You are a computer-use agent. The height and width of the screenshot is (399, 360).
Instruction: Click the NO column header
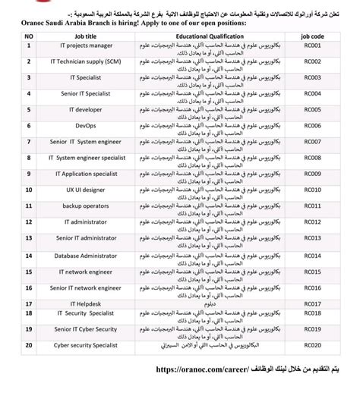coord(29,35)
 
